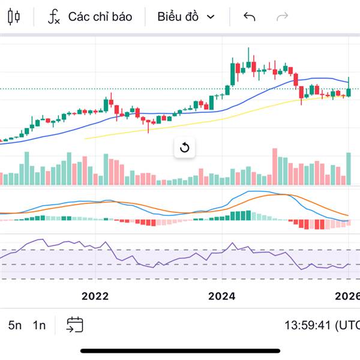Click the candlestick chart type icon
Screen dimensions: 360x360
tap(14, 17)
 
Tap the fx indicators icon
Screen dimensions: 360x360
tap(54, 17)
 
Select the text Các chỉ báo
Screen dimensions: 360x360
tap(100, 17)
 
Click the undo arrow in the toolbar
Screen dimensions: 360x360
tap(250, 17)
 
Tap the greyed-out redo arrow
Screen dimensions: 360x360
tap(282, 17)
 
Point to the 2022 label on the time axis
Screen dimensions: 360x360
tap(95, 296)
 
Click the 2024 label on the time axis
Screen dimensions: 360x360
tap(222, 296)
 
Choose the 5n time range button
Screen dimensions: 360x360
tap(15, 325)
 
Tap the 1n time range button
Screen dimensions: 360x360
tap(39, 325)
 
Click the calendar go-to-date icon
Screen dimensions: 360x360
tap(75, 325)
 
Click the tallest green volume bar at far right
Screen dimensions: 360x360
tap(348, 169)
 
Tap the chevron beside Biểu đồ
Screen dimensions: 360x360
tap(211, 17)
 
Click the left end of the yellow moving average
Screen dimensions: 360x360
tap(86, 139)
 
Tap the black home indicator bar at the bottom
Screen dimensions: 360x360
tap(180, 350)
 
